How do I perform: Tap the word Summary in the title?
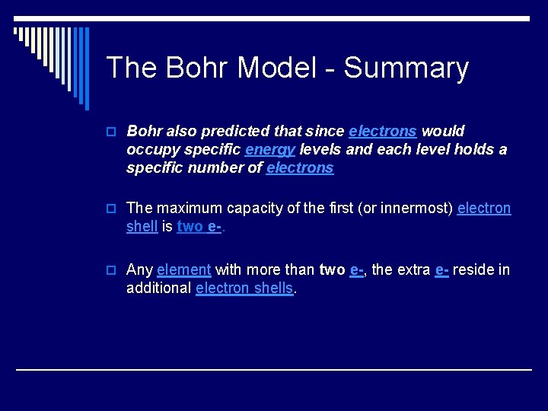(x=406, y=68)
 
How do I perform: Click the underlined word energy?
(x=269, y=150)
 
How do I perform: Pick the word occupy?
(x=152, y=150)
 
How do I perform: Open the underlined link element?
(x=183, y=269)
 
